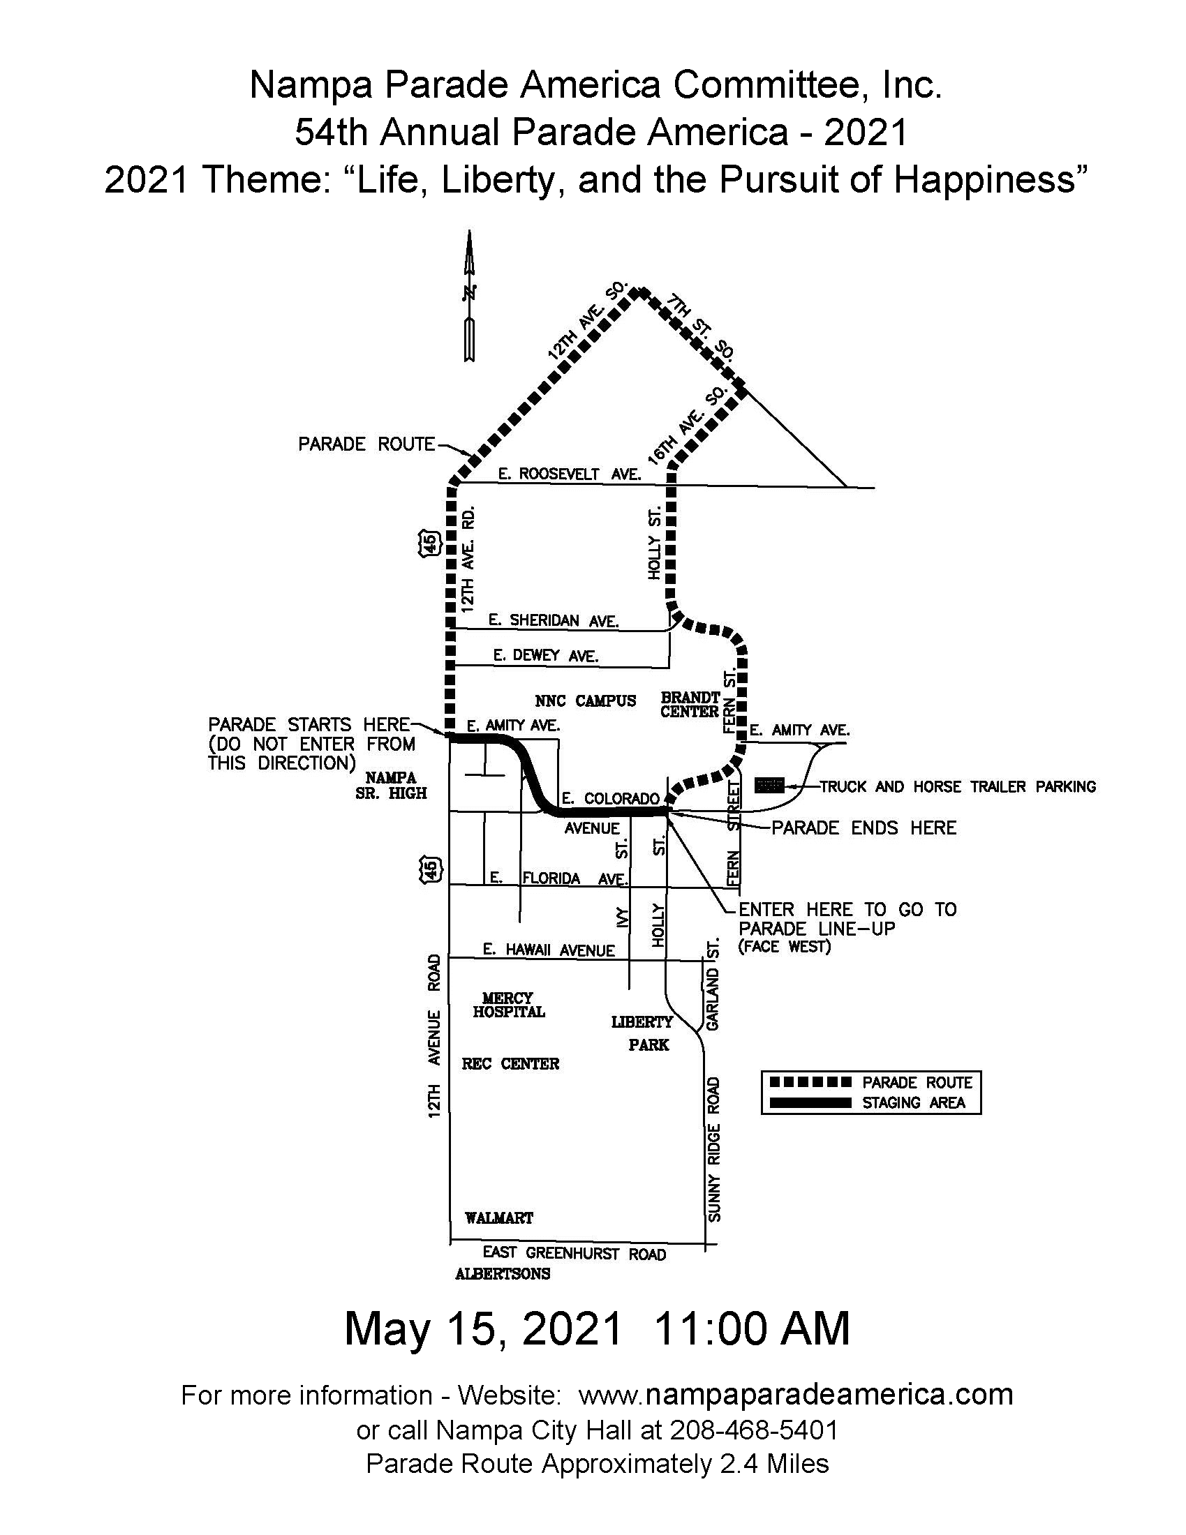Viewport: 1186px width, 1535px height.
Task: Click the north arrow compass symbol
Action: point(469,295)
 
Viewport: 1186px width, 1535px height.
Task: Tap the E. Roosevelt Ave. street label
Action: point(570,474)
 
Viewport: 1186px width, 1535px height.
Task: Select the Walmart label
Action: point(499,1218)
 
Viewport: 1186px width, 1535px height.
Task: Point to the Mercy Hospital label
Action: point(508,1005)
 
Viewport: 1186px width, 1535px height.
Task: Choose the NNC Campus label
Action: point(585,701)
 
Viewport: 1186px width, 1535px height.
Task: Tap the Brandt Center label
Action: point(690,704)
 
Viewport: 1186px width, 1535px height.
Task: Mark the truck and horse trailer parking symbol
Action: point(769,785)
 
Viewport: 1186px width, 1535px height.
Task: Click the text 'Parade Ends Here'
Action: point(863,828)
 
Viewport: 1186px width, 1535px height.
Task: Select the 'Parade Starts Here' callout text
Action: point(309,725)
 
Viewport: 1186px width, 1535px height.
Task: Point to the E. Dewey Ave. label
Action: point(546,656)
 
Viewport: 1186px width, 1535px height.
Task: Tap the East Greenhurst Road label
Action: point(574,1253)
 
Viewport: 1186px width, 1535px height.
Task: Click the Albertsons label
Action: point(503,1273)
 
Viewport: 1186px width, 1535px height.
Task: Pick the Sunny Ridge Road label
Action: point(713,1149)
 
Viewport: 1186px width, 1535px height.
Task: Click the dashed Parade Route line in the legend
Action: point(810,1081)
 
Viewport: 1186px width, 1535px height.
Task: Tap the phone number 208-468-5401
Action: point(754,1430)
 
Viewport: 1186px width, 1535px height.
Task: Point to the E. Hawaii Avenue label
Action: point(549,950)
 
